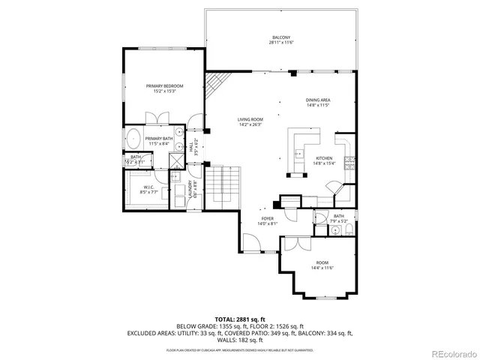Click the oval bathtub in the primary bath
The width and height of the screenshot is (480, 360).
click(133, 139)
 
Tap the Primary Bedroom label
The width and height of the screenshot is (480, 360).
click(164, 88)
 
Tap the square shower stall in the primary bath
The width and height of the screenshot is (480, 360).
click(175, 159)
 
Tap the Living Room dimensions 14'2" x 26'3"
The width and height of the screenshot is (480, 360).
click(250, 124)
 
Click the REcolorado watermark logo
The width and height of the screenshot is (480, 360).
click(445, 353)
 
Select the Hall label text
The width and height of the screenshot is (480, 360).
click(192, 148)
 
